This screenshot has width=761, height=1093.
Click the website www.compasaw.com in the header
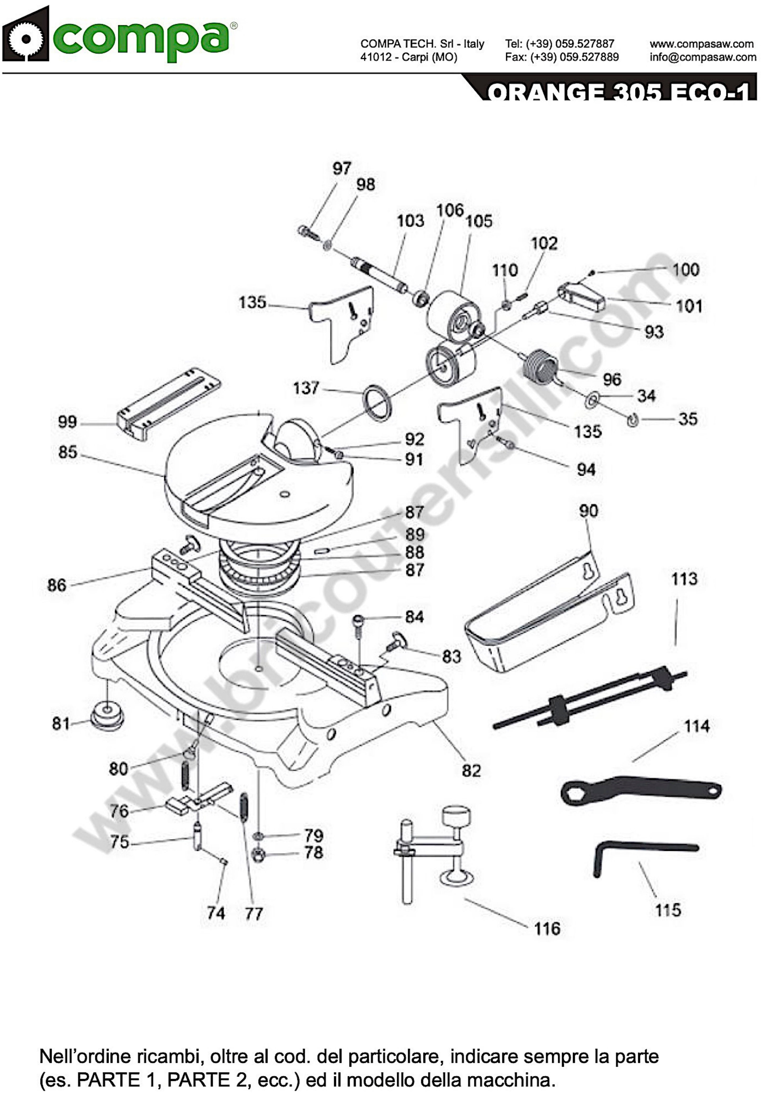click(x=702, y=44)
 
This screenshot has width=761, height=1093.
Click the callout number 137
click(x=306, y=388)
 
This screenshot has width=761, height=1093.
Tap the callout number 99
click(x=67, y=422)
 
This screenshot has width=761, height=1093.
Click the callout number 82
click(x=471, y=770)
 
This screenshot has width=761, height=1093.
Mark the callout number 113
click(x=684, y=579)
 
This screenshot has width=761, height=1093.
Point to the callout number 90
click(x=588, y=511)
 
